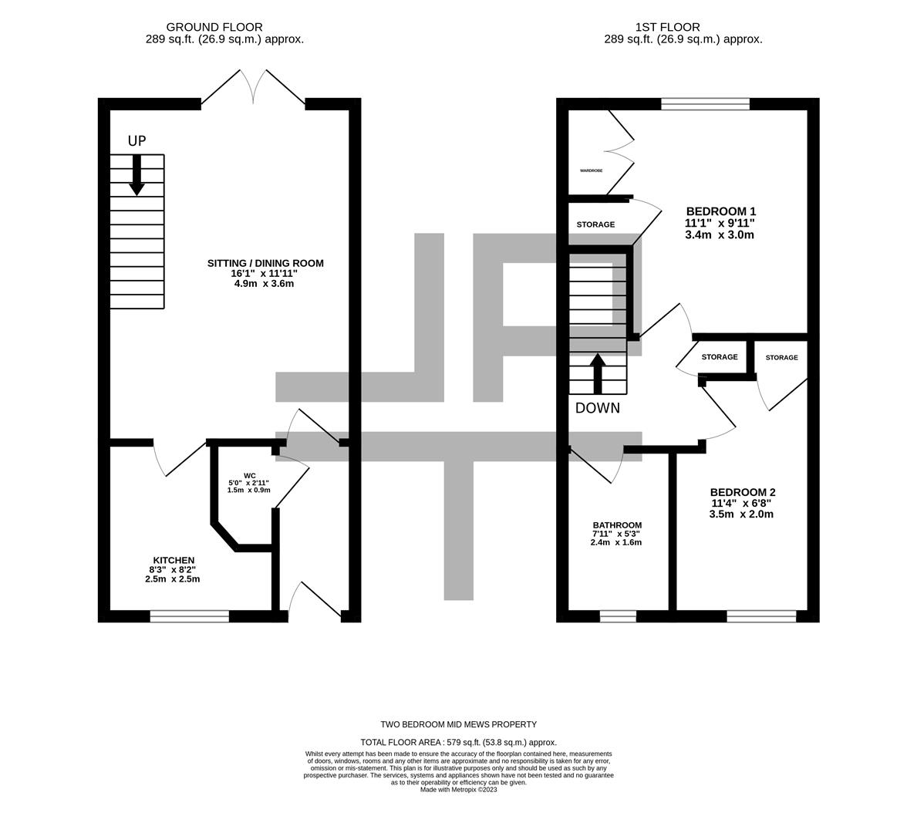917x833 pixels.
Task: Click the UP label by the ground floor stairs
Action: [x=137, y=141]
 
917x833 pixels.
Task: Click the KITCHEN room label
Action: [x=174, y=560]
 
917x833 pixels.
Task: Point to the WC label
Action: [x=249, y=475]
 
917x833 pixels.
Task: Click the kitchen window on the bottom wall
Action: [x=190, y=615]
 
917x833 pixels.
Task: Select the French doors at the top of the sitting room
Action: [x=254, y=87]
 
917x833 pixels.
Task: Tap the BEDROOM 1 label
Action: [x=720, y=211]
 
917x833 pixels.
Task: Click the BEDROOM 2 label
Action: [x=742, y=493]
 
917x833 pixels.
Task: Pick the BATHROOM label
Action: [x=617, y=525]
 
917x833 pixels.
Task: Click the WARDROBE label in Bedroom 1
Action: [x=592, y=170]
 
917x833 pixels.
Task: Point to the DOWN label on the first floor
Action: [x=598, y=409]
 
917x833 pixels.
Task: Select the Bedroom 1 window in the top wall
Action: [x=706, y=104]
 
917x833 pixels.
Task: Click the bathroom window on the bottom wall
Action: [x=618, y=615]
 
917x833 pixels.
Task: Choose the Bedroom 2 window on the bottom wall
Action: [x=761, y=615]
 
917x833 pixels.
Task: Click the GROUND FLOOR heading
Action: [x=214, y=27]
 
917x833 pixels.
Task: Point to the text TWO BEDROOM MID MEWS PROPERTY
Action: [x=458, y=724]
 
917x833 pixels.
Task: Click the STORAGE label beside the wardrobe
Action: [x=596, y=224]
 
